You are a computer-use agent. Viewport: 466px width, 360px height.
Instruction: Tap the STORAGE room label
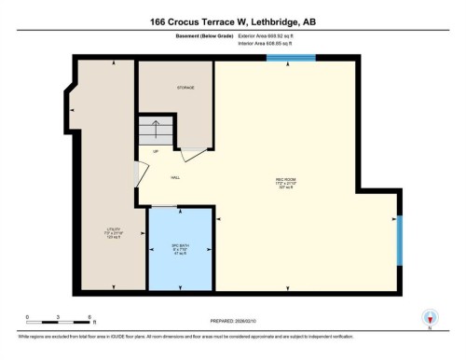tap(186, 87)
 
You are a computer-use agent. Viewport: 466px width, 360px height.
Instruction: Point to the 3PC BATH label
tap(180, 247)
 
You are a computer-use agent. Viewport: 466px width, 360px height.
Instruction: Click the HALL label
tap(175, 176)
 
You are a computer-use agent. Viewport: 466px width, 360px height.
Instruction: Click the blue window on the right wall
tap(399, 239)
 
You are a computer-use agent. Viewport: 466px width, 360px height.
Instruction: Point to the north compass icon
tap(430, 317)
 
